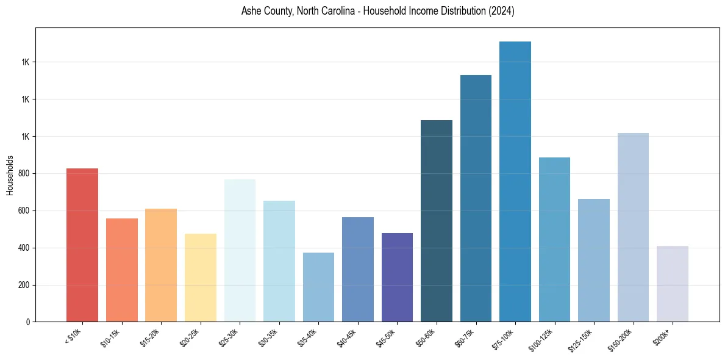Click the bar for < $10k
tap(82, 245)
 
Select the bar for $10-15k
tap(122, 270)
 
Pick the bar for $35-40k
tap(318, 287)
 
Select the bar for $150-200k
tap(633, 227)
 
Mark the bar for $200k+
tap(673, 284)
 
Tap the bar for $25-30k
tap(240, 250)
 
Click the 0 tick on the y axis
tap(29, 322)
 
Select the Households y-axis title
tap(10, 175)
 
